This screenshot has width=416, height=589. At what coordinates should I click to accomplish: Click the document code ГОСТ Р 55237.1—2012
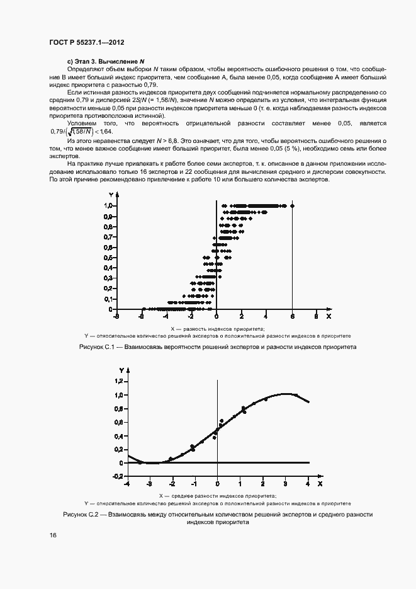pos(86,43)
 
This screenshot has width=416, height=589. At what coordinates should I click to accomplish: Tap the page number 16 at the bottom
pos(53,535)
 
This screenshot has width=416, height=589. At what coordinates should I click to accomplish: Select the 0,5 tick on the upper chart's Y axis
pos(108,258)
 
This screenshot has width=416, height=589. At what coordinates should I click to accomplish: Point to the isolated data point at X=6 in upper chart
pos(292,205)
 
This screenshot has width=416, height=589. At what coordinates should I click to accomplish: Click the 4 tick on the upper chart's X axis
pos(266,315)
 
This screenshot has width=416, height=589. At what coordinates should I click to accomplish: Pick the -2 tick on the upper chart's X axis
pos(192,315)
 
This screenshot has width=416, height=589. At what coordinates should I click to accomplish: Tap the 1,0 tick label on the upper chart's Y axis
pos(108,205)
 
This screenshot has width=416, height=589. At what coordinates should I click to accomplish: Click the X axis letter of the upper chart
pos(328,315)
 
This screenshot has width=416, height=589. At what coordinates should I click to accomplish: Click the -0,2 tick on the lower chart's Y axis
pos(118,476)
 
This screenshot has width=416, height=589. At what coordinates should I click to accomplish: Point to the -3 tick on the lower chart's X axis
pos(149,484)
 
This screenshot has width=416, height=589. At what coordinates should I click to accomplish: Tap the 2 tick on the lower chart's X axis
pos(262,484)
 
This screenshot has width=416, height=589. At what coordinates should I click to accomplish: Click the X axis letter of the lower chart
pos(320,484)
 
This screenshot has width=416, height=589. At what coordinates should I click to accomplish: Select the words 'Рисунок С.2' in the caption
pos(84,515)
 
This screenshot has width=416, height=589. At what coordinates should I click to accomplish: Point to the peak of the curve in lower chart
pos(286,394)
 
